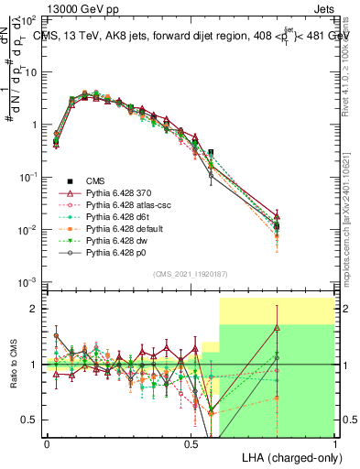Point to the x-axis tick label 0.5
click(x=191, y=444)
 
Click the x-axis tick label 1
click(x=334, y=444)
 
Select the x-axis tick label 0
click(x=48, y=444)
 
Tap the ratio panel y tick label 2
click(x=35, y=309)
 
